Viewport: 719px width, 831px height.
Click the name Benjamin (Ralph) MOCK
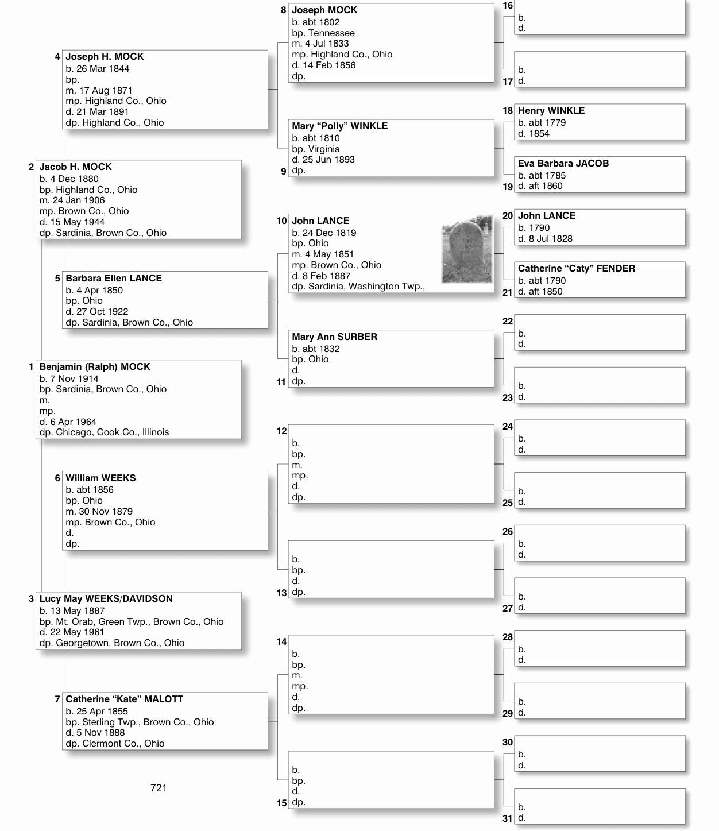95,367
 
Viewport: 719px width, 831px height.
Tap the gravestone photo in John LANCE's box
467,250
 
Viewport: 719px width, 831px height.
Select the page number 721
159,788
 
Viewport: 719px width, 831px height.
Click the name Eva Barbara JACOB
563,164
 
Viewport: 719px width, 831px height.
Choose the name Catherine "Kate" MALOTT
124,699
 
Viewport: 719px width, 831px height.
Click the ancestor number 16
508,6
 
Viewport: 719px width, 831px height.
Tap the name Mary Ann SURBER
334,337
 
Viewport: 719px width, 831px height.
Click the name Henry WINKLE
551,111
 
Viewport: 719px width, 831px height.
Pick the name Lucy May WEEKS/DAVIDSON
106,599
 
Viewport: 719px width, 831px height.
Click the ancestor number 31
508,818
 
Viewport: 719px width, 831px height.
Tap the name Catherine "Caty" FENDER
576,269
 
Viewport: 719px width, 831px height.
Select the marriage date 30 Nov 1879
106,512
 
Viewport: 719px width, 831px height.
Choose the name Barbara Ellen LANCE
114,279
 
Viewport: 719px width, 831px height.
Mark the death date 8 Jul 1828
550,239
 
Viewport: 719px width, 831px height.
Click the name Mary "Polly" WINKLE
339,126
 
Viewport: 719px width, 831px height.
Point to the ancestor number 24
508,427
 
